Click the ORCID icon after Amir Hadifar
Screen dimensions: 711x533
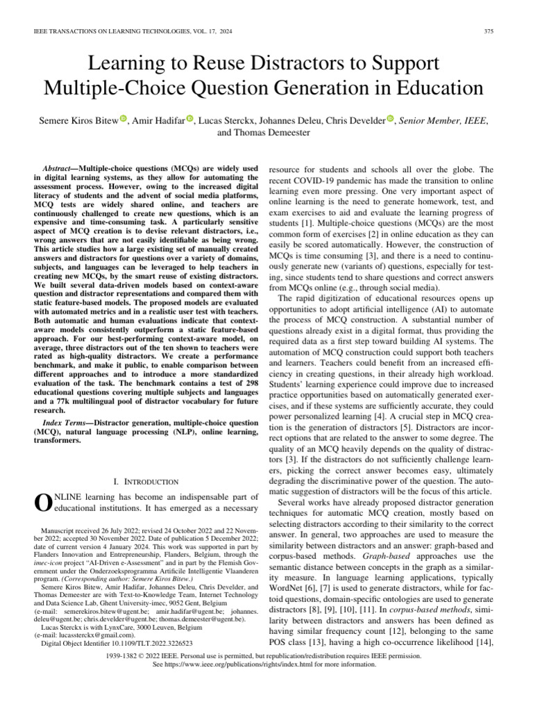click(x=190, y=119)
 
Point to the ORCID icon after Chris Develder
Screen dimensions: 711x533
click(x=391, y=119)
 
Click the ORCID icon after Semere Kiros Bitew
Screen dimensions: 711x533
click(x=123, y=119)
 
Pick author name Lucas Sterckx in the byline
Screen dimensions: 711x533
click(x=223, y=121)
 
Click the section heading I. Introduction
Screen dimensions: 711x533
click(x=146, y=481)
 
